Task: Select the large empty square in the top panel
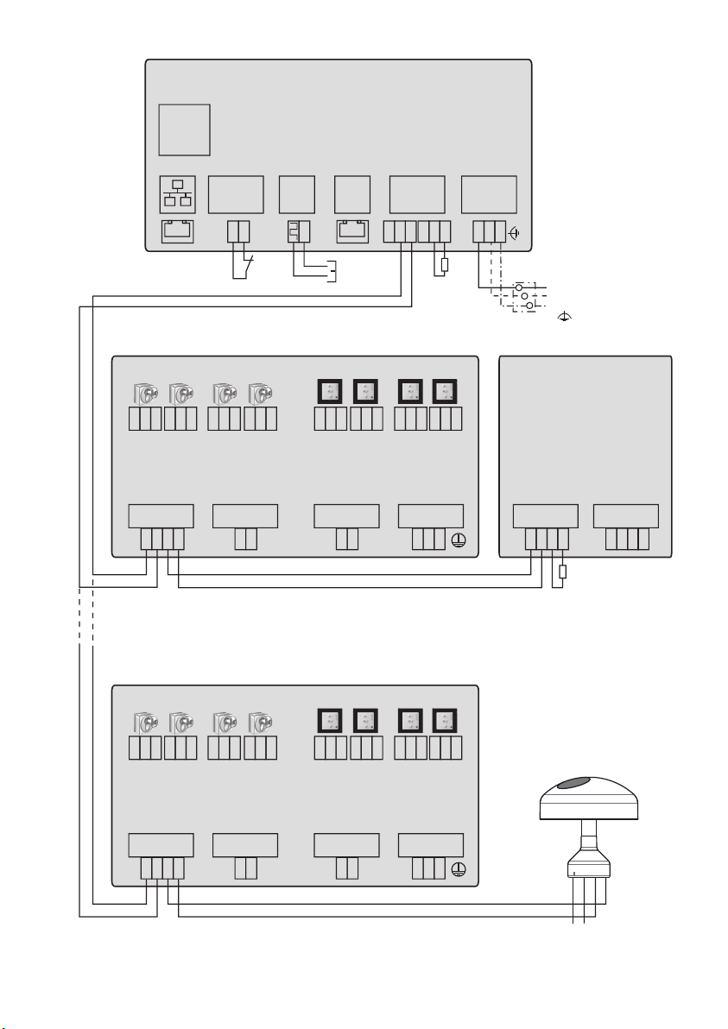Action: tap(184, 129)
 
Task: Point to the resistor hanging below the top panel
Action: tap(443, 264)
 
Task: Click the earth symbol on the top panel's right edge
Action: tap(515, 232)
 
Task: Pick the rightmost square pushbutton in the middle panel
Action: tap(445, 393)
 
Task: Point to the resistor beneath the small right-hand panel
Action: tap(563, 571)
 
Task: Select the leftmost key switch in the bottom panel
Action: tap(144, 723)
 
